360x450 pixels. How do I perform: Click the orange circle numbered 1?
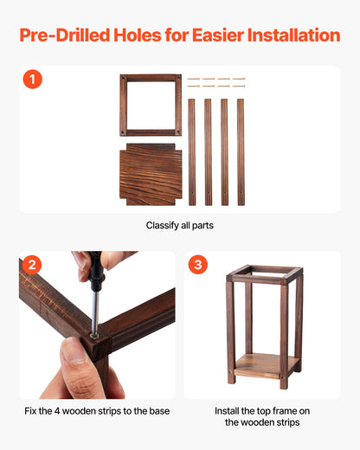coord(32,80)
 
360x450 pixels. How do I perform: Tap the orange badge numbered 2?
coord(32,265)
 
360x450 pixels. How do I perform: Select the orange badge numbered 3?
coord(197,265)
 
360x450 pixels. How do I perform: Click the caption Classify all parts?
coord(179,225)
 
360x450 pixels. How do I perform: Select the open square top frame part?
coord(151,104)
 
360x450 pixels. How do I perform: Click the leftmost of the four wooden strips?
coord(192,151)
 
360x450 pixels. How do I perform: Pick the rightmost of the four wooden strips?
coord(241,151)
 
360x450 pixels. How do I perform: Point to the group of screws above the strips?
coord(216,82)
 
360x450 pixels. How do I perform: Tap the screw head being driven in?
coord(93,331)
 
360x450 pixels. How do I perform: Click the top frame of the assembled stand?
coord(265,275)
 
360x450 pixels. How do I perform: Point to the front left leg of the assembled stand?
coord(232,333)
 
